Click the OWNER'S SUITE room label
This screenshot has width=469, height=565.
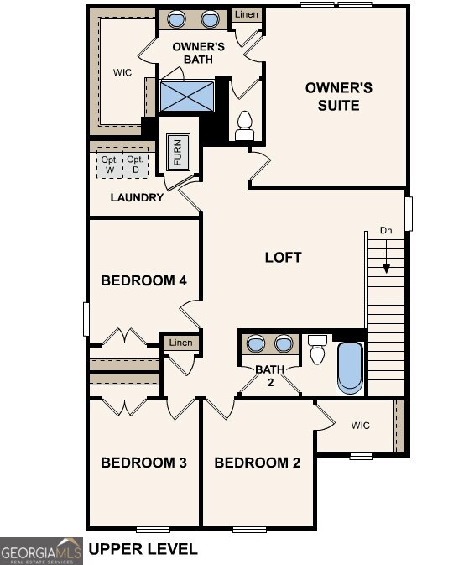coord(332,97)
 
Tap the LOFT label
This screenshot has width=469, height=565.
coord(283,257)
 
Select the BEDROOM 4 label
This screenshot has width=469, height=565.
coord(143,280)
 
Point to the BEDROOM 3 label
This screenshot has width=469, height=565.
coord(143,463)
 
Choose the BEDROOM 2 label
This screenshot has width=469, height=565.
coord(257,463)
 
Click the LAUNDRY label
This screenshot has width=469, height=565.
coord(137,198)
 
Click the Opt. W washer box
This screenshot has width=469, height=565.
coord(110,164)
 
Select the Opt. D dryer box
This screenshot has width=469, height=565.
coord(135,164)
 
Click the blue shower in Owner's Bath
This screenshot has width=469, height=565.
coord(187,96)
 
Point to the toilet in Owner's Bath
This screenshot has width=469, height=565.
coord(245,126)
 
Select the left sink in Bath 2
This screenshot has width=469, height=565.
coord(257,343)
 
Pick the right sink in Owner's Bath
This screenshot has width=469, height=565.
coord(210,19)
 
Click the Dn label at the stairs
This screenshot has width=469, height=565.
coord(385,230)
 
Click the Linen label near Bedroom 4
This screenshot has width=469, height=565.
coord(180,343)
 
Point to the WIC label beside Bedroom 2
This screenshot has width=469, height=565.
coord(360,426)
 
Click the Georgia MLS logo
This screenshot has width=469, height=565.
coord(41,551)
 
